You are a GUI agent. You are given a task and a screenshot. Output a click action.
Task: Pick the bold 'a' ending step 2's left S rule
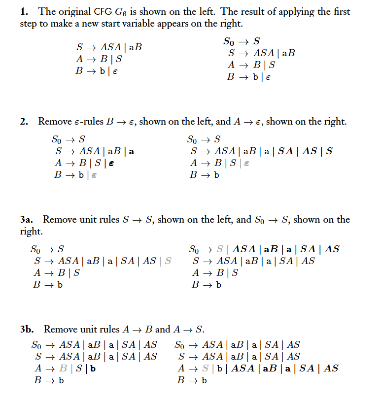pyautogui.click(x=131, y=151)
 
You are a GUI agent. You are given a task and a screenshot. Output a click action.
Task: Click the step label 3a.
pyautogui.click(x=27, y=219)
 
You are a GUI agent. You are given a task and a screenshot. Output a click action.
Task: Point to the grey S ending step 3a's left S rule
pyautogui.click(x=168, y=261)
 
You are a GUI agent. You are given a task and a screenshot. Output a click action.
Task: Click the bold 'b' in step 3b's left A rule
pyautogui.click(x=93, y=368)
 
